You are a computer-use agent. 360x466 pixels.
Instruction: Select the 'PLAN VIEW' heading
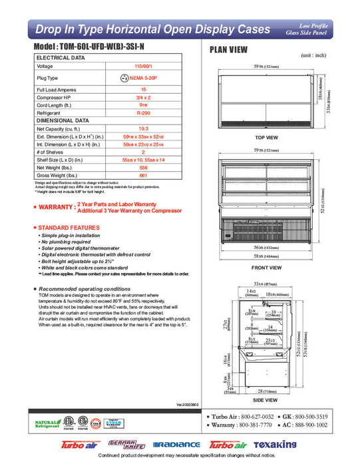click(231, 49)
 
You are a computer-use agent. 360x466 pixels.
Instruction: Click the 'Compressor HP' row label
click(56, 97)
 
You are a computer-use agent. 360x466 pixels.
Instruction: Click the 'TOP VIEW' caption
click(266, 137)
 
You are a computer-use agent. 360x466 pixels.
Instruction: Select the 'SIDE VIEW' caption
click(267, 400)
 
